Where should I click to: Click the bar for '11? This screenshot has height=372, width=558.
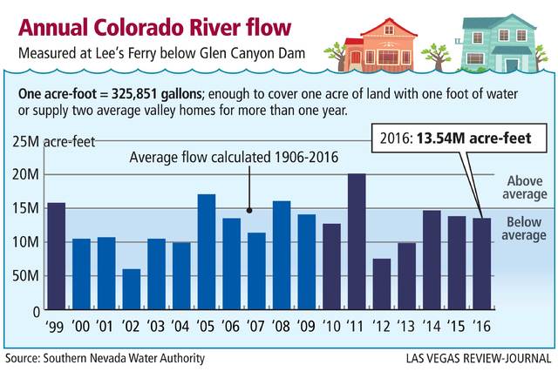point(357,241)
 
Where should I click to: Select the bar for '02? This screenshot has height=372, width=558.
point(131,289)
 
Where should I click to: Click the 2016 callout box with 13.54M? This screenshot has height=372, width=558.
point(453,137)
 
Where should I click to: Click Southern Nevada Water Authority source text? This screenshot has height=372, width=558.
point(105,358)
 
